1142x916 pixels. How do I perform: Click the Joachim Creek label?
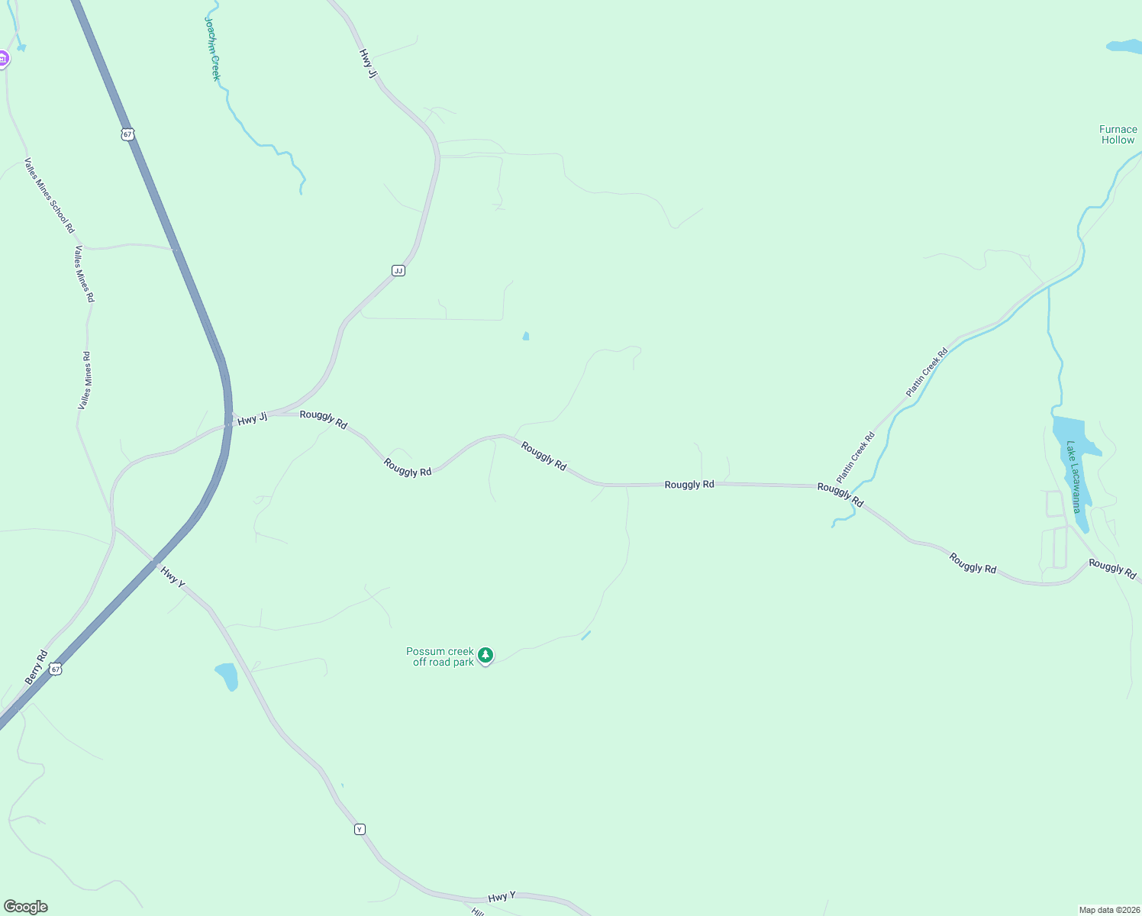(212, 47)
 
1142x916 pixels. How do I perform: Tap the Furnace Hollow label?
(1118, 134)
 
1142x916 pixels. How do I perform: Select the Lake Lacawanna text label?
(1074, 477)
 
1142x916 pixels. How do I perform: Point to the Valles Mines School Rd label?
(50, 195)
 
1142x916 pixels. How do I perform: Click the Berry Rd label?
(36, 667)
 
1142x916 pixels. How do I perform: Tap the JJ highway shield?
(398, 270)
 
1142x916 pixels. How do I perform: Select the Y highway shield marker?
(360, 829)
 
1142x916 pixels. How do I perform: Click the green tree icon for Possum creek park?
(486, 655)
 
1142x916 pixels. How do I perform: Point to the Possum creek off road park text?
(440, 656)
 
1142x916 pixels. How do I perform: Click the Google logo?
(25, 907)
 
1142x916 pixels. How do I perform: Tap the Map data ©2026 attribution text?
(1108, 910)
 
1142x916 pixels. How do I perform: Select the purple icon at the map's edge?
(3, 58)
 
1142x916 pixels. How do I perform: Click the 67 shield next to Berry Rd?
(55, 669)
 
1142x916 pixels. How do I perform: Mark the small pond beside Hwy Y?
(227, 676)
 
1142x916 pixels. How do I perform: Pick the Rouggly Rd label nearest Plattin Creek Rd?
(840, 494)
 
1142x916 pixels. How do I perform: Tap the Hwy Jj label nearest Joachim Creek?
(368, 63)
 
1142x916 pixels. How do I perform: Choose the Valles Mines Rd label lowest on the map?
(85, 380)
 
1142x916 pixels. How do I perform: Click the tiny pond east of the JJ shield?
(525, 336)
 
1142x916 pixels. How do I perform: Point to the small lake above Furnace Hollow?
(1123, 47)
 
